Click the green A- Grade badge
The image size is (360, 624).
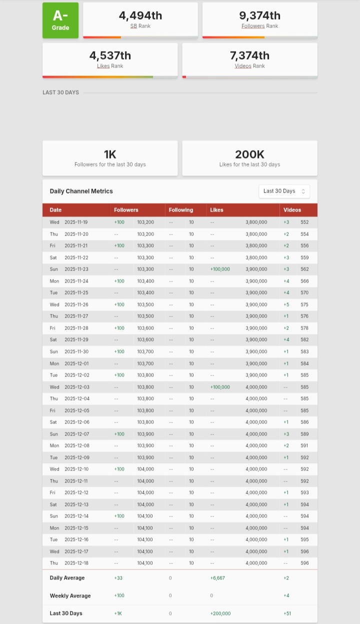click(x=60, y=20)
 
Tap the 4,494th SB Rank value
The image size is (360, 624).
click(x=140, y=15)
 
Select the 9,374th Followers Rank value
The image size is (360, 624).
click(x=259, y=15)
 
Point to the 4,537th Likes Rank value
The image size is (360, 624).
click(x=110, y=55)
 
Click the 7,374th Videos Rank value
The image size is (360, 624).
click(x=249, y=55)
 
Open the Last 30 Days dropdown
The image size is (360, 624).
click(x=284, y=191)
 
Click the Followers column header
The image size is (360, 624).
click(x=126, y=210)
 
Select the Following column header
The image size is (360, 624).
click(x=180, y=210)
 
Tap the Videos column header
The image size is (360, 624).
click(x=292, y=210)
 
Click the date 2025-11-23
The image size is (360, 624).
click(x=76, y=269)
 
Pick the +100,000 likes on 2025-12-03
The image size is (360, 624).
click(x=220, y=387)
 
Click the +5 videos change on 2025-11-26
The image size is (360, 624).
click(x=286, y=304)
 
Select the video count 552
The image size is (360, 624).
click(x=304, y=222)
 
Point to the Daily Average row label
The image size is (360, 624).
click(x=67, y=578)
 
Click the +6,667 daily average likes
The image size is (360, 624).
click(x=217, y=578)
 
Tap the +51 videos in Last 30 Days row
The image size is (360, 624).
click(x=287, y=613)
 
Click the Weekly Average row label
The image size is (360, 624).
click(x=70, y=596)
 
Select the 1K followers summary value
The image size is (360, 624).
click(x=110, y=155)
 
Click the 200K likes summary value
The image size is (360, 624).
click(x=249, y=155)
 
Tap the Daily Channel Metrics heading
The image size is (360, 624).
click(x=81, y=191)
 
